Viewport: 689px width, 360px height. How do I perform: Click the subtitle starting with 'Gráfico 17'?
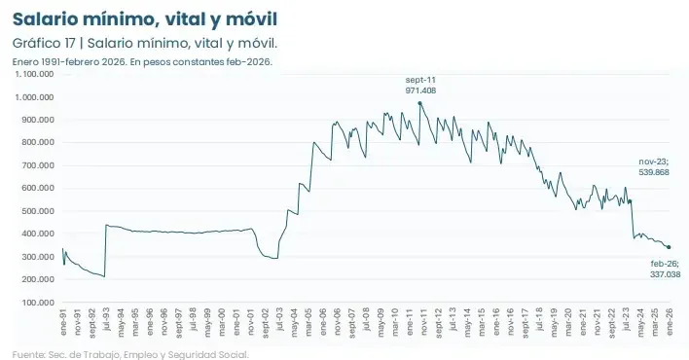point(145,44)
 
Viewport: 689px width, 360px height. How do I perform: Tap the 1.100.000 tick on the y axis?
point(34,74)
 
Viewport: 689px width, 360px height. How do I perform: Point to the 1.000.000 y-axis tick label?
point(34,97)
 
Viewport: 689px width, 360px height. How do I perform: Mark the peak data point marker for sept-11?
point(419,103)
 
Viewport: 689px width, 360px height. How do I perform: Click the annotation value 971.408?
point(420,90)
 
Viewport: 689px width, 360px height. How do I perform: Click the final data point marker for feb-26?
point(669,247)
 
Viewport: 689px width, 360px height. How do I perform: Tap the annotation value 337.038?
point(666,274)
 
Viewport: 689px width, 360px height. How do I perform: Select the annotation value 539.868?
point(653,171)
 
